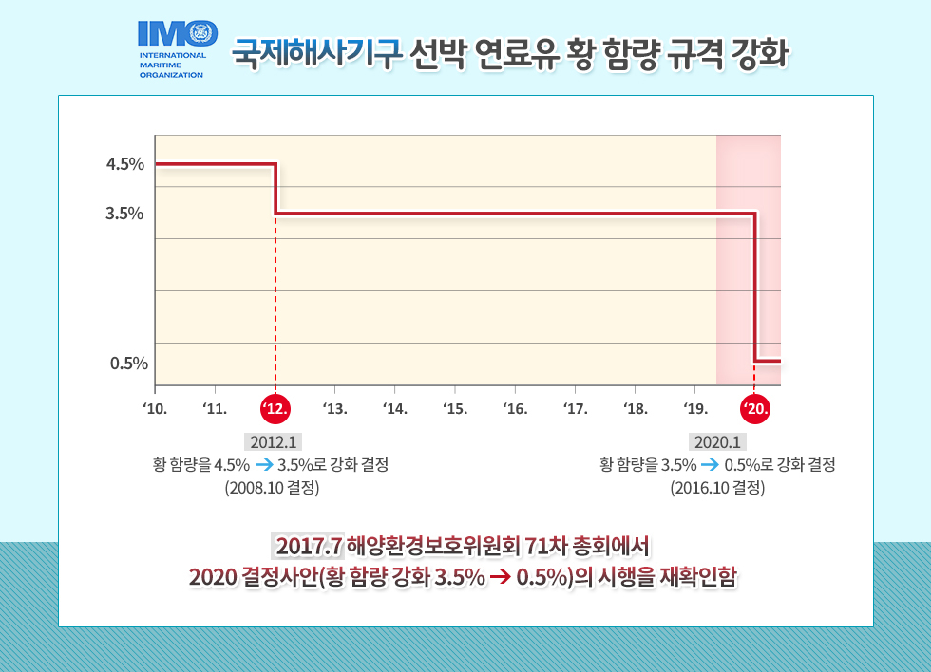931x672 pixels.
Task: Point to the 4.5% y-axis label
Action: pos(125,164)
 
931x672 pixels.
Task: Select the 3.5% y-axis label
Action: pos(125,214)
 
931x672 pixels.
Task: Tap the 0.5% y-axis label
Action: pos(128,363)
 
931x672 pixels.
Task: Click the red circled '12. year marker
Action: pos(275,409)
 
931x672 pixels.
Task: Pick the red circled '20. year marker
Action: pos(755,409)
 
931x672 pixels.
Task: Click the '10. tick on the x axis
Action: pos(155,410)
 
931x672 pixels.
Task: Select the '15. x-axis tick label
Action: pos(455,410)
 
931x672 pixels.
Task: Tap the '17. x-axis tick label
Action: pos(575,410)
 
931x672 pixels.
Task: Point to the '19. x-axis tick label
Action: pos(694,410)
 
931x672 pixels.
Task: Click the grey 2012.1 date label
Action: pos(274,441)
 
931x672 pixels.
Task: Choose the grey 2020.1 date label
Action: pos(718,441)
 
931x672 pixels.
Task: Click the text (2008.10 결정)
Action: pos(272,489)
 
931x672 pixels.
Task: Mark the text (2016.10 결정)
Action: pos(717,489)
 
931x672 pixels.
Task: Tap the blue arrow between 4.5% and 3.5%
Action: pos(264,465)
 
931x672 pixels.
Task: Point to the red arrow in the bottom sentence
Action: pos(501,578)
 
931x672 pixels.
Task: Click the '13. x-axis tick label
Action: pos(335,410)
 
